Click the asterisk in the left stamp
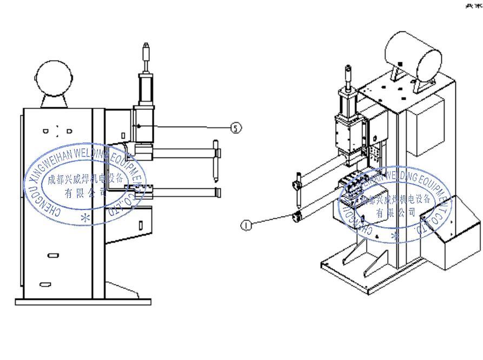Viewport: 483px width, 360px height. pyautogui.click(x=84, y=218)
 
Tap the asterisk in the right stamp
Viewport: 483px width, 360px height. pyautogui.click(x=395, y=235)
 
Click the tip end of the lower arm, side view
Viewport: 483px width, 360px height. pyautogui.click(x=217, y=192)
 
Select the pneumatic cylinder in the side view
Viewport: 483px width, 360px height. pyautogui.click(x=144, y=89)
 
